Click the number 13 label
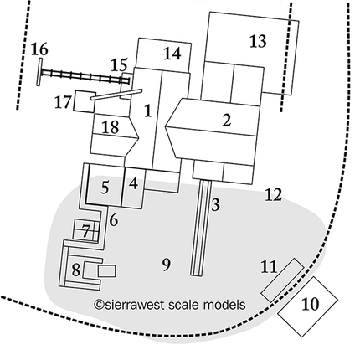click(258, 41)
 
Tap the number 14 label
click(172, 54)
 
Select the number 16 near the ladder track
click(39, 49)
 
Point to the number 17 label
click(63, 101)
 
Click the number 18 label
click(111, 127)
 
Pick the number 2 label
click(227, 121)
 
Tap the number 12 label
click(274, 194)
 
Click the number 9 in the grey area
click(167, 265)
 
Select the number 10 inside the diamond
click(310, 304)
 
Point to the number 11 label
click(270, 266)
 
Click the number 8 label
click(76, 270)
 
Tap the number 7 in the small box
click(86, 231)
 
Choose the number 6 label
click(113, 220)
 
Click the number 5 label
click(105, 188)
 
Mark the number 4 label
click(134, 183)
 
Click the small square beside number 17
click(85, 101)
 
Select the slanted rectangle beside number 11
click(282, 280)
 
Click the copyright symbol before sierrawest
click(99, 305)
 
